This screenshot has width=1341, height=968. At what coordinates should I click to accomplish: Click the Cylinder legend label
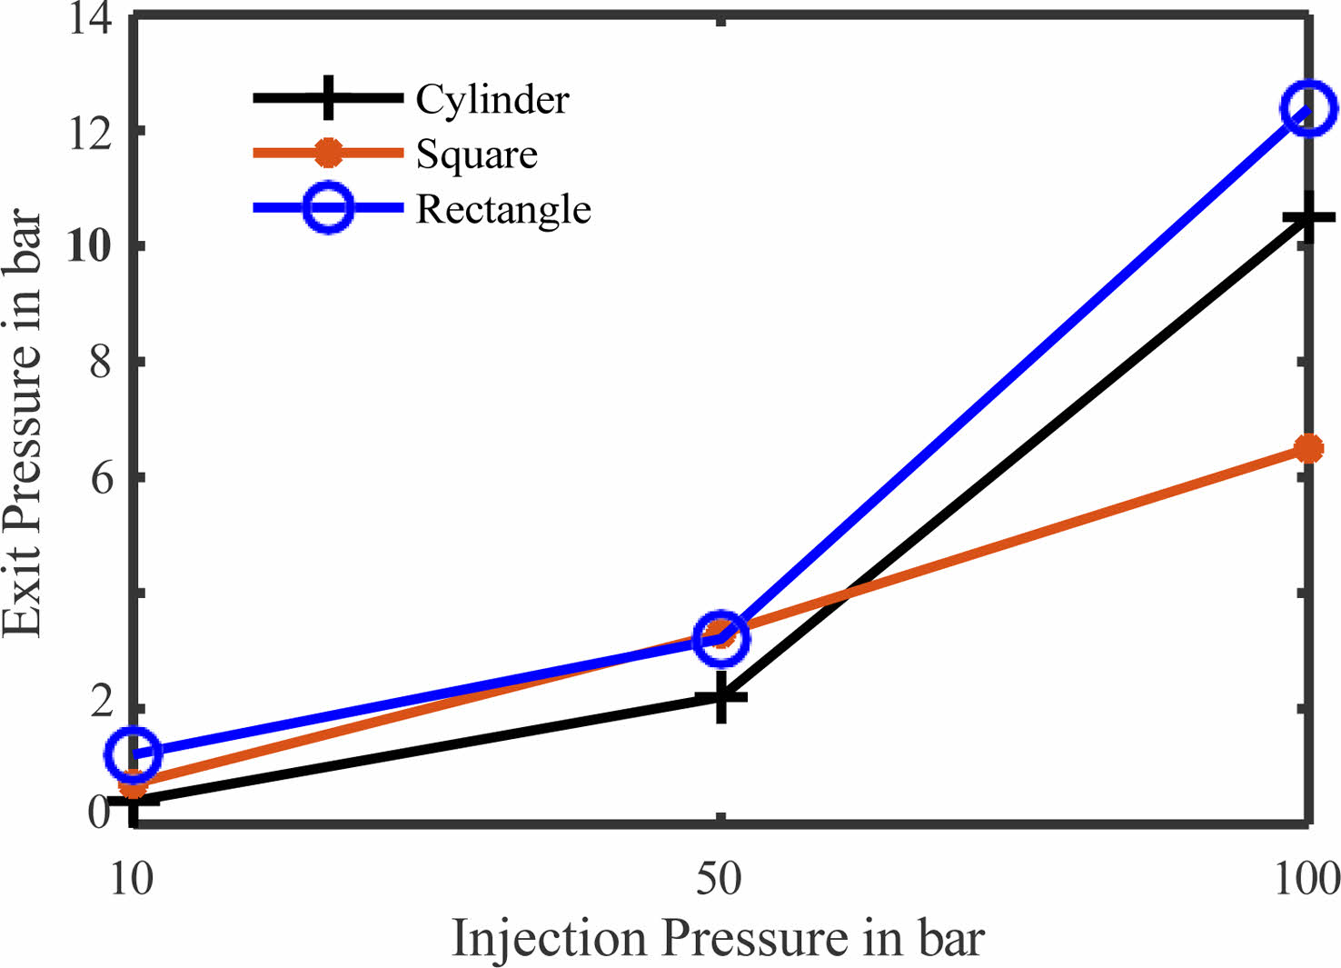pos(492,99)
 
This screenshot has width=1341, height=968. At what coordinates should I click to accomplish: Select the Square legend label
pos(477,155)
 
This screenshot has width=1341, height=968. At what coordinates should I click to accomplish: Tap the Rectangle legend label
pos(503,210)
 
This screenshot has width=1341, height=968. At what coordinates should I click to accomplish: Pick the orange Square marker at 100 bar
pos(1309,449)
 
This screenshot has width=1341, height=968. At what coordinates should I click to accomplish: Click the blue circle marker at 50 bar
pos(722,639)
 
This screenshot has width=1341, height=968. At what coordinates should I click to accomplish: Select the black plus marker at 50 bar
pos(721,696)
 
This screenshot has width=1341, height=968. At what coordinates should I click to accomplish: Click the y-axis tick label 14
pos(91,22)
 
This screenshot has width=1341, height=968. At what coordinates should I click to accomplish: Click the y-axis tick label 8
pos(101,361)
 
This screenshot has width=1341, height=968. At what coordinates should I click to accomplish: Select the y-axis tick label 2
pos(101,702)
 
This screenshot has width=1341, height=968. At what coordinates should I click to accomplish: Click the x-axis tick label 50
pos(719,879)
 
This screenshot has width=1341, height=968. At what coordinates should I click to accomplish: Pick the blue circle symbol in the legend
pos(329,207)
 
